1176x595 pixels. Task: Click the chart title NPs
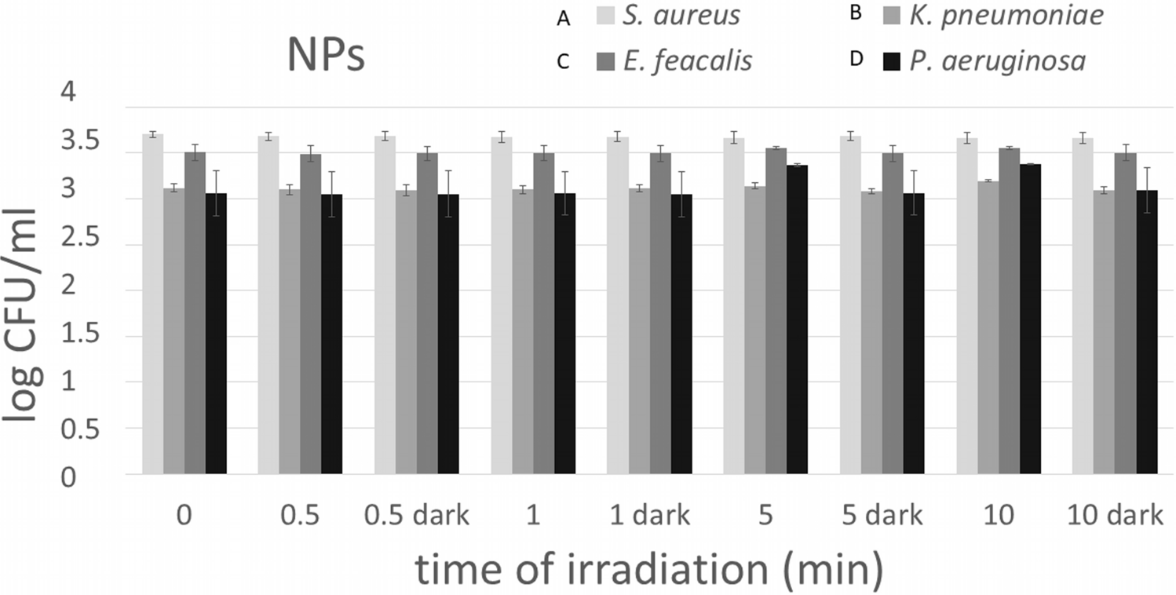point(326,57)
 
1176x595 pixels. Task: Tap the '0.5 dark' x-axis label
point(416,517)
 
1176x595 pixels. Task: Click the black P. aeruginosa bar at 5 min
point(797,319)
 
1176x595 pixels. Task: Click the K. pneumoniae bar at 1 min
point(523,331)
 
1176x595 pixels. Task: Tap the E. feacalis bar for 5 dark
point(892,313)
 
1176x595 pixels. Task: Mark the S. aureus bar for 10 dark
point(1083,306)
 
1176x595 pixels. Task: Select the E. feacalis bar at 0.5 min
point(310,314)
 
